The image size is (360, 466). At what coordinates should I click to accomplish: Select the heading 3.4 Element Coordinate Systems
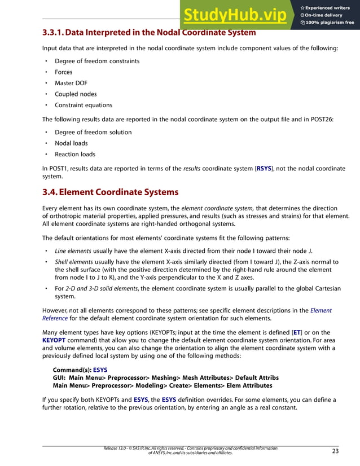[x=111, y=192]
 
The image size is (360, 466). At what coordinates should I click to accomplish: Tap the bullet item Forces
[x=63, y=72]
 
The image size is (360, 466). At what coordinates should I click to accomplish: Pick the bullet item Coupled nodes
[x=76, y=94]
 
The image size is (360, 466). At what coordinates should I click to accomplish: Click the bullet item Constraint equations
[x=84, y=105]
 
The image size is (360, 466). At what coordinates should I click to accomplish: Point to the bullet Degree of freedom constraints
[x=97, y=61]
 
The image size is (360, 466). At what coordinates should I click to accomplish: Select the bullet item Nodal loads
[x=71, y=143]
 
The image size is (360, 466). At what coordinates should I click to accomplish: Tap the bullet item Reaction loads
[x=75, y=154]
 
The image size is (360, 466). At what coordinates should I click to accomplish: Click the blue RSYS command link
[x=264, y=168]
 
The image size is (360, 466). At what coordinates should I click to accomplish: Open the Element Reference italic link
[x=321, y=310]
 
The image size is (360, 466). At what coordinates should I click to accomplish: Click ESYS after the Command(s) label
[x=100, y=370]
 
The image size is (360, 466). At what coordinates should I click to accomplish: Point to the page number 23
[x=335, y=451]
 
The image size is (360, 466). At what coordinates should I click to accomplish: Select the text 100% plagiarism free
[x=330, y=23]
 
